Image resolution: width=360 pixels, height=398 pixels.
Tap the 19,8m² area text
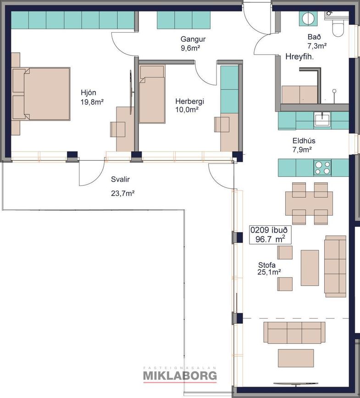tap(92, 102)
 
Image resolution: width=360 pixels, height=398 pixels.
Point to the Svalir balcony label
tap(121, 179)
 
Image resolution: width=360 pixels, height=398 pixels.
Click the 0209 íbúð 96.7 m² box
tap(270, 235)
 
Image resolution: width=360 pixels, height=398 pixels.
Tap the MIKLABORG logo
tap(180, 376)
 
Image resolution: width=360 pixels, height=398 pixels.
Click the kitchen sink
tap(322, 120)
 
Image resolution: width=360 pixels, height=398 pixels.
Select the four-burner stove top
tap(322, 168)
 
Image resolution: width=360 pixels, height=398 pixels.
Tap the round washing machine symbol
tap(309, 18)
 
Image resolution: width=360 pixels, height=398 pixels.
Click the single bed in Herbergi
tap(152, 94)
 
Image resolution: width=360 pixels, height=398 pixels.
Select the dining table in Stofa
tap(309, 203)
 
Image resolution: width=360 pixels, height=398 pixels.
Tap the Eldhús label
tap(304, 140)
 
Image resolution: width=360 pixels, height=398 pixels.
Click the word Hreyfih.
tap(299, 57)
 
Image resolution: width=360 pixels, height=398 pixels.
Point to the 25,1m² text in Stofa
tap(269, 272)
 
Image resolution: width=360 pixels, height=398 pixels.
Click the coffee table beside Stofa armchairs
tap(310, 268)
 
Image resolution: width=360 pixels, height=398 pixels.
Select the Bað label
tap(314, 37)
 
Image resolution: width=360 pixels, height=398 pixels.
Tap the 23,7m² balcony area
tap(123, 193)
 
